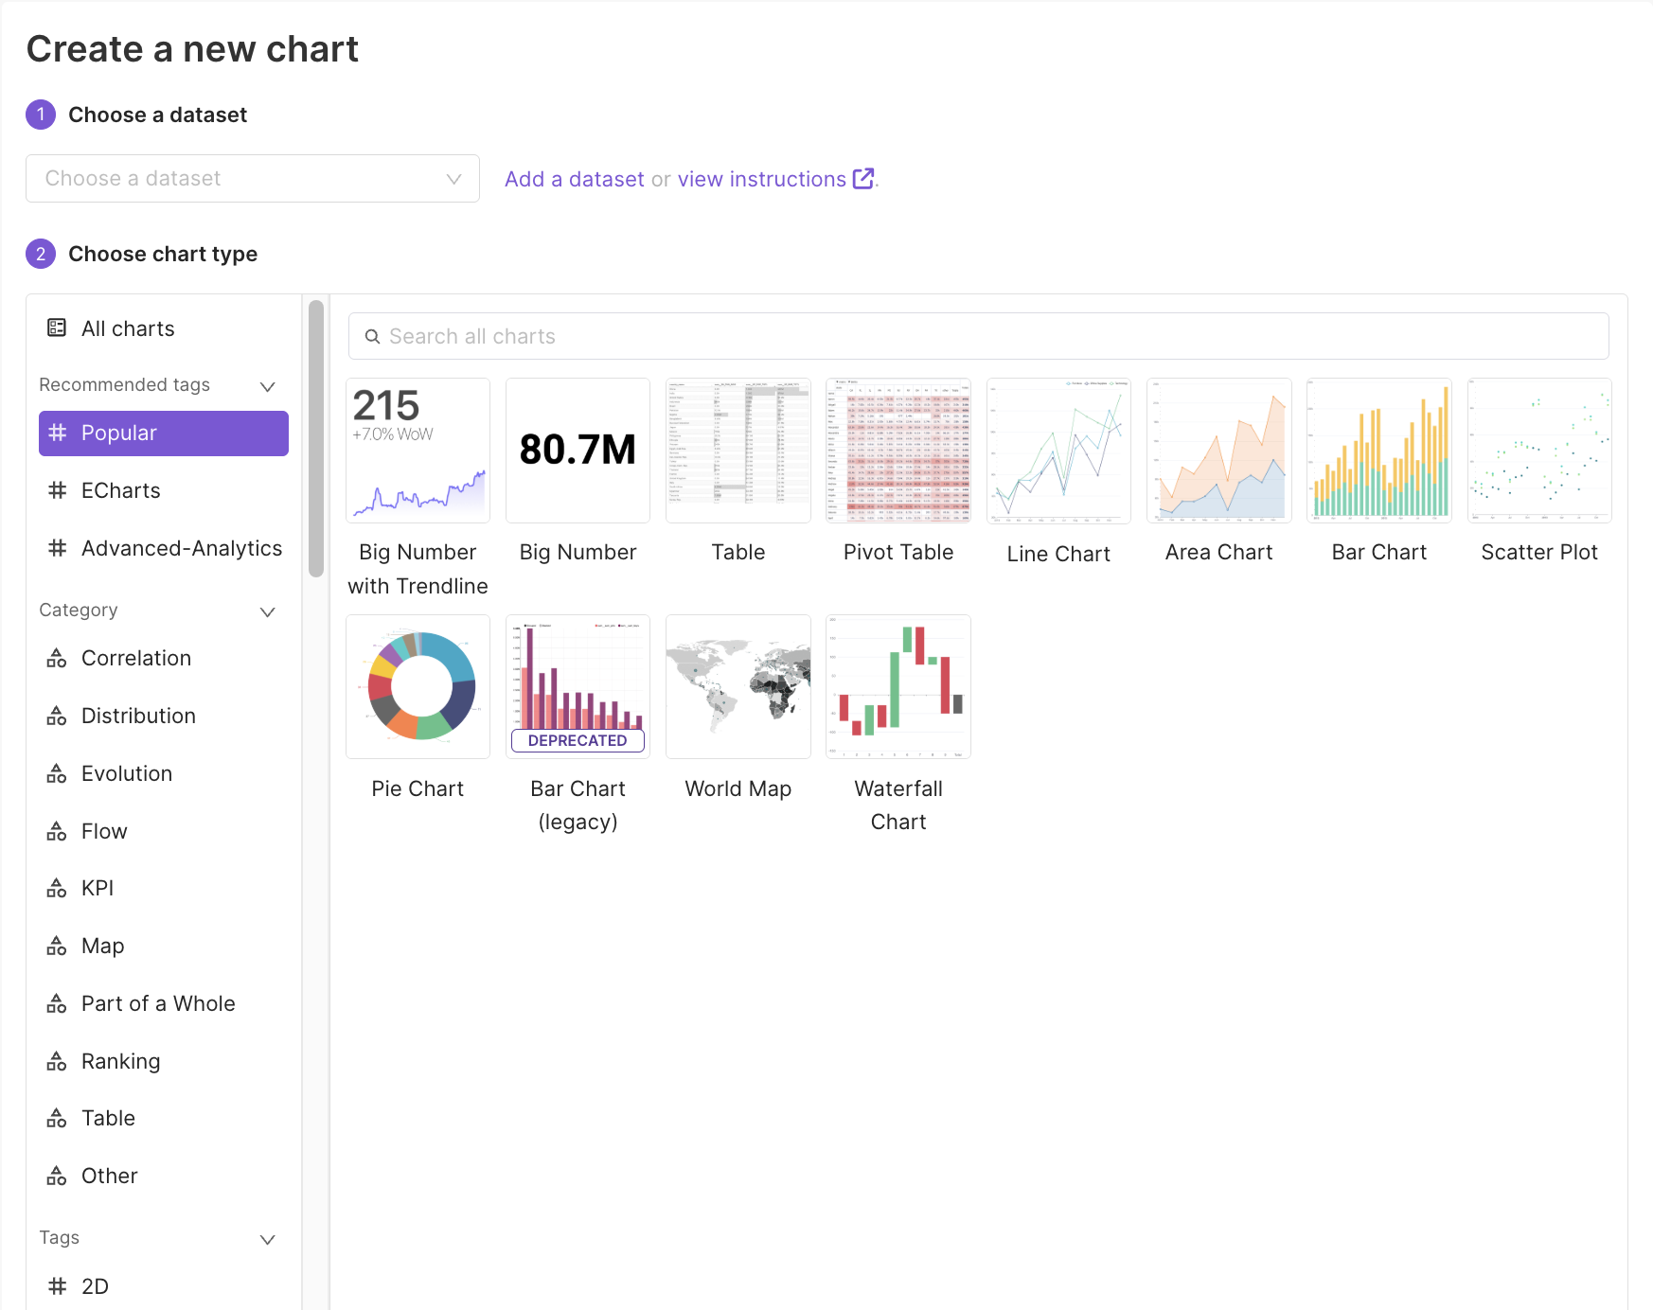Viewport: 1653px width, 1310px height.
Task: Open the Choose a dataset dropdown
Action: [x=252, y=179]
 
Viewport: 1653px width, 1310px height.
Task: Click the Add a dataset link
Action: [x=574, y=180]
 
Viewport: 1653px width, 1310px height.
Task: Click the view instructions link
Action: [x=762, y=180]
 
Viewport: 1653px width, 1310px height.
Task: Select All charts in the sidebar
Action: [x=127, y=329]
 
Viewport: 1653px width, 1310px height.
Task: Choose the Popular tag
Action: [x=164, y=434]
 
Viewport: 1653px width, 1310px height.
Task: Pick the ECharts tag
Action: [x=120, y=491]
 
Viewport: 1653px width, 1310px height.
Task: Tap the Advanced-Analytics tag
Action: [x=181, y=549]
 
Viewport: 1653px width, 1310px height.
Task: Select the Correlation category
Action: [x=135, y=659]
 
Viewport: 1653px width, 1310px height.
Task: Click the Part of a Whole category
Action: [x=157, y=1004]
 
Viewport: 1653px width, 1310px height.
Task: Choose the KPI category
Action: [x=97, y=889]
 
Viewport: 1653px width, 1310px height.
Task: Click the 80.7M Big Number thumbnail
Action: [x=578, y=451]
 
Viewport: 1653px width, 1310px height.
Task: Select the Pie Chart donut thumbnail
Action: [x=418, y=687]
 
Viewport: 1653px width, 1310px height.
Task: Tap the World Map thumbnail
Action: [x=738, y=687]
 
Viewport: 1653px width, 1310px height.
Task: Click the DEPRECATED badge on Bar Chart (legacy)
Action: [x=578, y=741]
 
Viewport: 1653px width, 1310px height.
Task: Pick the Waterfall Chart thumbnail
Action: [x=898, y=687]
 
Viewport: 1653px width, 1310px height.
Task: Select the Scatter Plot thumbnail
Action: [x=1539, y=451]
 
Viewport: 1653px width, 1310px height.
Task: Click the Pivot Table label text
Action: [x=898, y=553]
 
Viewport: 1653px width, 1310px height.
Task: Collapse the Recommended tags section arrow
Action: [x=268, y=386]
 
